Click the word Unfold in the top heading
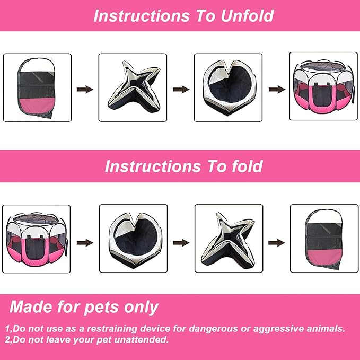pyautogui.click(x=247, y=16)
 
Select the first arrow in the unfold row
pyautogui.click(x=85, y=89)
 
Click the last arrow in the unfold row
pyautogui.click(x=277, y=89)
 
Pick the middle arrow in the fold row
pyautogui.click(x=181, y=243)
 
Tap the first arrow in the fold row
pyautogui.click(x=85, y=243)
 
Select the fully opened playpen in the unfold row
pyautogui.click(x=323, y=86)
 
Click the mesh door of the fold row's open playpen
pyautogui.click(x=35, y=249)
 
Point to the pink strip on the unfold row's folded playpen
pyautogui.click(x=36, y=106)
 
